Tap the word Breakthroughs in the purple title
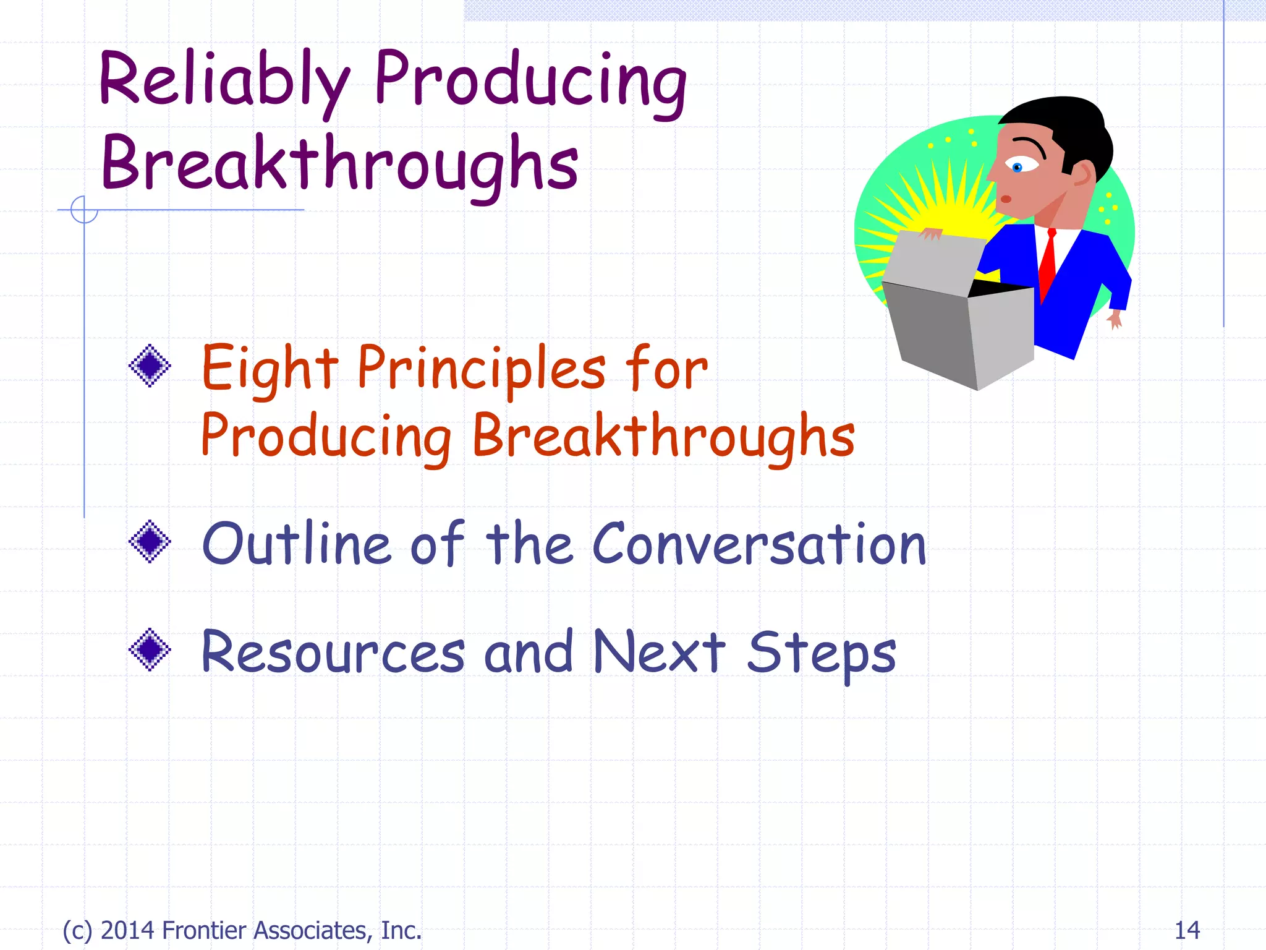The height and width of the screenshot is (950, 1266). tap(340, 164)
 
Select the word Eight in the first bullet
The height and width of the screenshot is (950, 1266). tap(270, 369)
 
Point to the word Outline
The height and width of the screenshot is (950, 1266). tap(297, 544)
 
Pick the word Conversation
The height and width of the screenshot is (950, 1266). tap(759, 544)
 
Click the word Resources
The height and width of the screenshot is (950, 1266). tap(333, 652)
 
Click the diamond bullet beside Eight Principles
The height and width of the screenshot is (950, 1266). tap(150, 366)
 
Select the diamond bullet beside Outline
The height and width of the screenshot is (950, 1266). tap(150, 541)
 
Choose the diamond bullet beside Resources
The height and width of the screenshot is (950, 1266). tap(150, 649)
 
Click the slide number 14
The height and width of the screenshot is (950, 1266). tap(1187, 930)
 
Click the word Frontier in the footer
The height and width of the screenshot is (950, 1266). tap(204, 930)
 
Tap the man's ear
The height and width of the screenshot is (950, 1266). tap(1082, 173)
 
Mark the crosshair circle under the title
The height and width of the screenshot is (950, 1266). tap(84, 210)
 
